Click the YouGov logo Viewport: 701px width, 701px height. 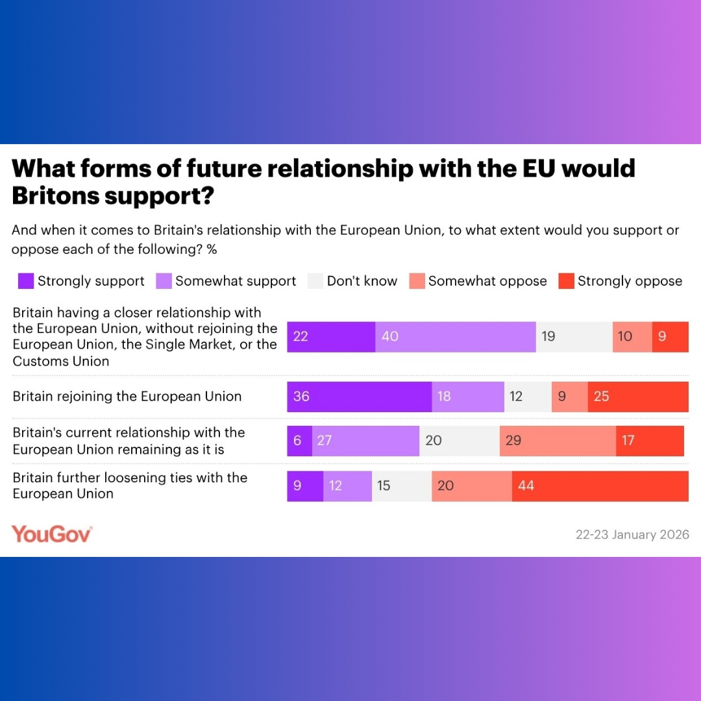tap(52, 534)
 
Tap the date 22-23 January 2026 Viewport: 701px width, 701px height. tap(632, 535)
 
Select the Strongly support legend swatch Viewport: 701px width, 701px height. tap(26, 281)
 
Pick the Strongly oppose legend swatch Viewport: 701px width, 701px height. tap(567, 281)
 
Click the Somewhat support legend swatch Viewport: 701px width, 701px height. tap(164, 281)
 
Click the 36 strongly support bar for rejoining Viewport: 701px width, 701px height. tap(360, 397)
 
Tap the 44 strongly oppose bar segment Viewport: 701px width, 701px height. tap(600, 486)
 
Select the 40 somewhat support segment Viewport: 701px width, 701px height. tap(456, 337)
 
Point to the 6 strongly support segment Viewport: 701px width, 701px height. tap(299, 441)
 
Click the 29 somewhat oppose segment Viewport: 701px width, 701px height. tap(558, 441)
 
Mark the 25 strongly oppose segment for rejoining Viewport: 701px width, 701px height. tap(638, 397)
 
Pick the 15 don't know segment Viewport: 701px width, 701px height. tap(402, 486)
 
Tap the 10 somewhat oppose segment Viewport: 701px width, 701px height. tap(632, 337)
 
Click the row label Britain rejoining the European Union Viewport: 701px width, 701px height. tap(127, 397)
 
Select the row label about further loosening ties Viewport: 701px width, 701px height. tap(130, 486)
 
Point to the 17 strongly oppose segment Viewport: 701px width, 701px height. tap(650, 441)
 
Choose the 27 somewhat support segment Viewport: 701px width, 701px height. tap(365, 441)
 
